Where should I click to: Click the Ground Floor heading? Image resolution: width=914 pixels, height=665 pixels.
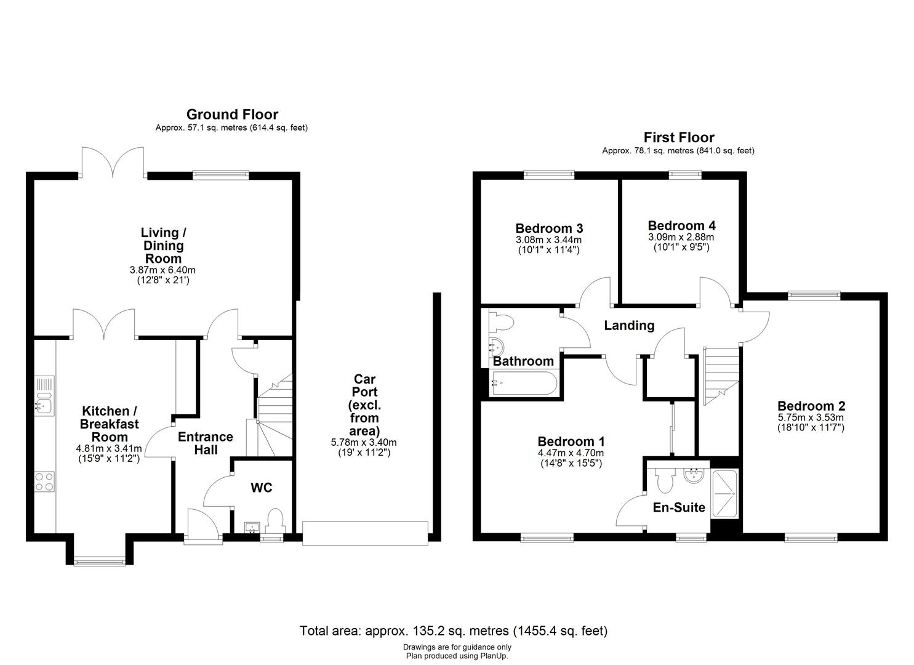tap(232, 115)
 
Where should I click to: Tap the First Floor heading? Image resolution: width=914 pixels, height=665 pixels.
tap(678, 137)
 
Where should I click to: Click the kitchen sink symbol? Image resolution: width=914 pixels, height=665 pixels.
tap(45, 400)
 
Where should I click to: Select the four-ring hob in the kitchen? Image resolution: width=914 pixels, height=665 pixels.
tap(45, 481)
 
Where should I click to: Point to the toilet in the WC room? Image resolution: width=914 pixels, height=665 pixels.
tap(275, 521)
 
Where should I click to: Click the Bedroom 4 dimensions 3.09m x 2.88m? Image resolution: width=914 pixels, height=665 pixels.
tap(681, 237)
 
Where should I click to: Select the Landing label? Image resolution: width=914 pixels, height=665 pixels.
tap(628, 326)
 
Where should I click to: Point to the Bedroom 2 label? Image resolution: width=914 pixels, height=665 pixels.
tap(811, 406)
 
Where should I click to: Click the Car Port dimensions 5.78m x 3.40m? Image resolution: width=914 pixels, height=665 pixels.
tap(364, 442)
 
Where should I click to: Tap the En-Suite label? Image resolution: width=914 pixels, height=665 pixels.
tap(679, 508)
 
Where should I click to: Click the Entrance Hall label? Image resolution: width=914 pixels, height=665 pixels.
tap(206, 443)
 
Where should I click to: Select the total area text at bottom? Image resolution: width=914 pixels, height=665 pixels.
tap(454, 631)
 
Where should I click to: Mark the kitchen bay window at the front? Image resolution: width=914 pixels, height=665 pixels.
tap(99, 560)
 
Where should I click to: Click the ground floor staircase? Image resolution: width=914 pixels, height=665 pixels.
tap(273, 413)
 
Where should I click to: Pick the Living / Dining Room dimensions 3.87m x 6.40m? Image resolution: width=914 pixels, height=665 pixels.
tap(163, 270)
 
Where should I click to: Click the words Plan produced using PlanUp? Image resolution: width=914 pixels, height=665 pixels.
tap(457, 656)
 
